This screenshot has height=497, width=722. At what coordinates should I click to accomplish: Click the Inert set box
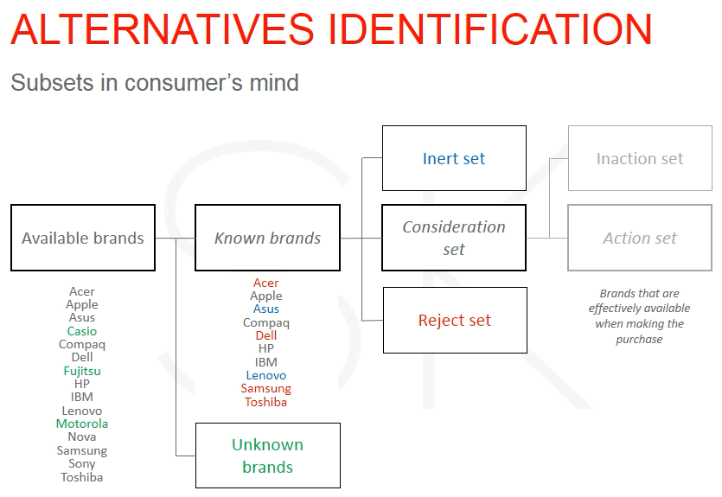click(x=454, y=158)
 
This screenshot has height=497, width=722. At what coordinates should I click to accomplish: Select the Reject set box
click(x=455, y=321)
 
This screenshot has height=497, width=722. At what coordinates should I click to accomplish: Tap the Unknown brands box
click(x=268, y=456)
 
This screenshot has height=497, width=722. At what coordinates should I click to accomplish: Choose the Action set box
click(x=640, y=238)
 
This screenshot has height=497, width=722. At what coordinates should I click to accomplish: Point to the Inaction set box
click(x=640, y=158)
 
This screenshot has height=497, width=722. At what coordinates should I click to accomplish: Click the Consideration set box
click(x=454, y=238)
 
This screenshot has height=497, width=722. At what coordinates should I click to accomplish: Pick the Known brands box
click(x=267, y=238)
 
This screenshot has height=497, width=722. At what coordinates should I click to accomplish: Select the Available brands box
click(x=83, y=238)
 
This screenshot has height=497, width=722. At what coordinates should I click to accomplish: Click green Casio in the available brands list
click(x=82, y=331)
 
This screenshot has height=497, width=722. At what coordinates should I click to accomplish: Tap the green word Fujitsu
click(x=82, y=371)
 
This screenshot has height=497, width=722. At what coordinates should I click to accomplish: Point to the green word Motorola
click(x=82, y=424)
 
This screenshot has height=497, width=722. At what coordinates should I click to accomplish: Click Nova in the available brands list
click(x=82, y=436)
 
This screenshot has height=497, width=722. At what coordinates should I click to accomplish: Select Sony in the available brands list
click(x=82, y=464)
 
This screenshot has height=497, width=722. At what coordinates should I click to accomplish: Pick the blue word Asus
click(x=266, y=309)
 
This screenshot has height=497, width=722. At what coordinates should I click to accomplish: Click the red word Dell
click(x=266, y=335)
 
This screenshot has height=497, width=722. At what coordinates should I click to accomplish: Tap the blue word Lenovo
click(x=266, y=375)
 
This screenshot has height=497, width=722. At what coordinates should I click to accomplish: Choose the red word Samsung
click(x=266, y=389)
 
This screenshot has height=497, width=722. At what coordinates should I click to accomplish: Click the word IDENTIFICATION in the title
click(x=490, y=29)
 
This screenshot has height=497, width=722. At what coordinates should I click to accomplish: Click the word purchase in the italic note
click(x=640, y=340)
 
